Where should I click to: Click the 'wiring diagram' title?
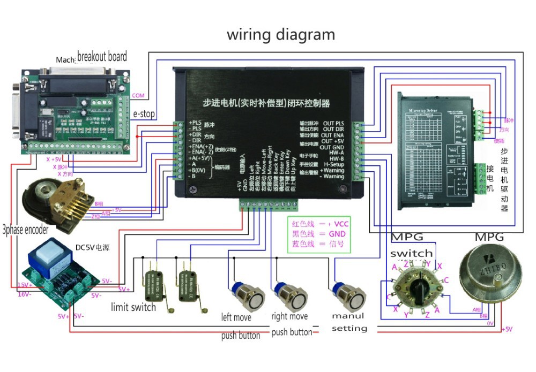point(281,35)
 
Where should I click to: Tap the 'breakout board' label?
point(102,56)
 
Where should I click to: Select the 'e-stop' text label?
point(144,114)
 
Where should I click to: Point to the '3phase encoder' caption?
point(25,230)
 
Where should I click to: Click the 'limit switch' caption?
point(133,307)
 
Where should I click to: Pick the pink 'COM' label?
point(138,95)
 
